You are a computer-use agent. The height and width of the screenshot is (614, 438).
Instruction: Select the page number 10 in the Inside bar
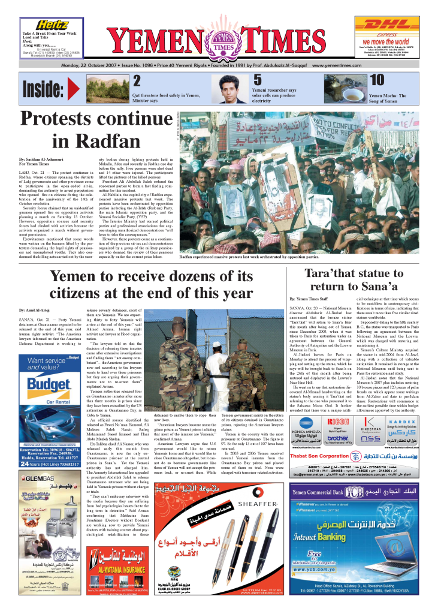(377, 80)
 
